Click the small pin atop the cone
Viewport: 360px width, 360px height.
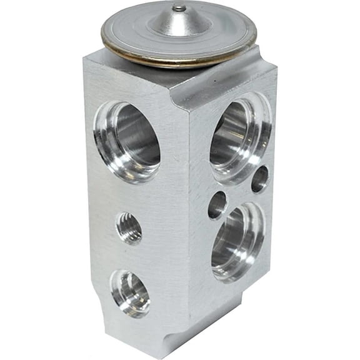pyautogui.click(x=179, y=8)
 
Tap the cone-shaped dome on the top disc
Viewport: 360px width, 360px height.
pyautogui.click(x=179, y=22)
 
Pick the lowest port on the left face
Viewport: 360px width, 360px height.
pyautogui.click(x=131, y=292)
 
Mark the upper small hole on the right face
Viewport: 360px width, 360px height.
pyautogui.click(x=259, y=179)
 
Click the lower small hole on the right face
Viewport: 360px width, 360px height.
pyautogui.click(x=217, y=204)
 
